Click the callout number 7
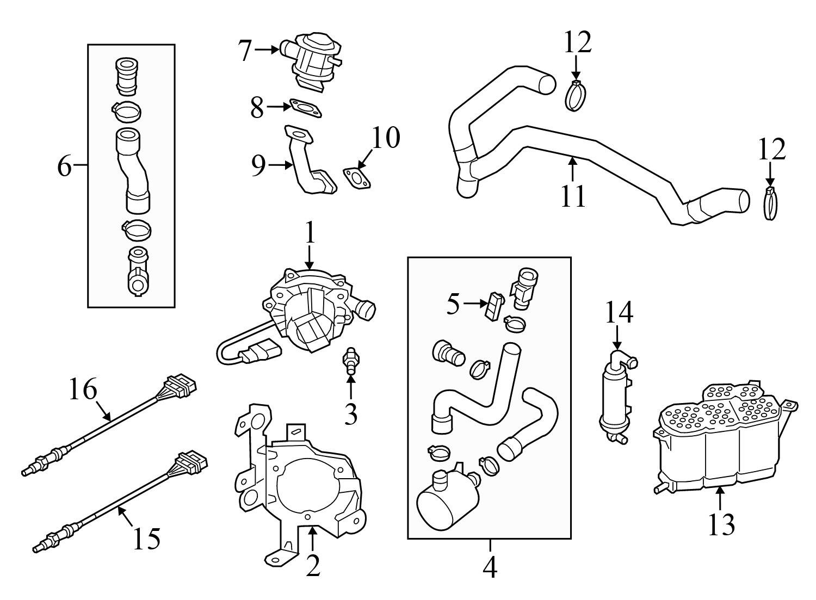pyautogui.click(x=245, y=50)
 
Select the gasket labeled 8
pyautogui.click(x=306, y=108)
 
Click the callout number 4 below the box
pyautogui.click(x=490, y=567)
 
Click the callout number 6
pyautogui.click(x=64, y=165)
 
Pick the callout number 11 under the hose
pyautogui.click(x=573, y=196)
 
